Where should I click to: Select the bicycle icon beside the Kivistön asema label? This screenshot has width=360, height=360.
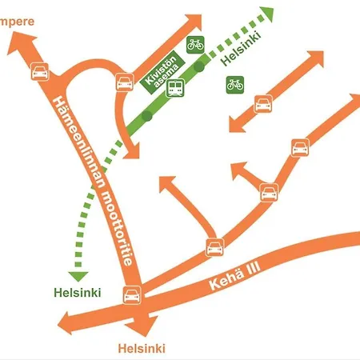tap(194, 45)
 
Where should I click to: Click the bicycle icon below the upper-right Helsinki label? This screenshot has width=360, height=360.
tap(234, 84)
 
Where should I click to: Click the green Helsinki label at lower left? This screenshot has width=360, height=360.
tap(78, 293)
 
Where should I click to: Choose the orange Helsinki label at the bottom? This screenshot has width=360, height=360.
tap(141, 349)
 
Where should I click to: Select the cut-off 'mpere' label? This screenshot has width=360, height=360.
tap(17, 21)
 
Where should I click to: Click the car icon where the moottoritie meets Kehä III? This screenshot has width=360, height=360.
tap(130, 296)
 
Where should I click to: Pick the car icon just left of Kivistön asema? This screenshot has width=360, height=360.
tap(125, 82)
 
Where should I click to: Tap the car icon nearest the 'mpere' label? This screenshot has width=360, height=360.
tap(38, 71)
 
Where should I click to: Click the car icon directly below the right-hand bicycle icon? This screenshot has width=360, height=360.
tap(263, 103)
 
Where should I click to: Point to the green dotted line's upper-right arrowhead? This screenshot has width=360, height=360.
tap(266, 14)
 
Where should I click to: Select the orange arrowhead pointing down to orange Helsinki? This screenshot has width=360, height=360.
tap(144, 328)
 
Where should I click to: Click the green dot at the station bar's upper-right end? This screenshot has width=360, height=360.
tap(200, 67)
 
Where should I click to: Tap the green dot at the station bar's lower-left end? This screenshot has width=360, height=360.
tap(146, 117)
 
